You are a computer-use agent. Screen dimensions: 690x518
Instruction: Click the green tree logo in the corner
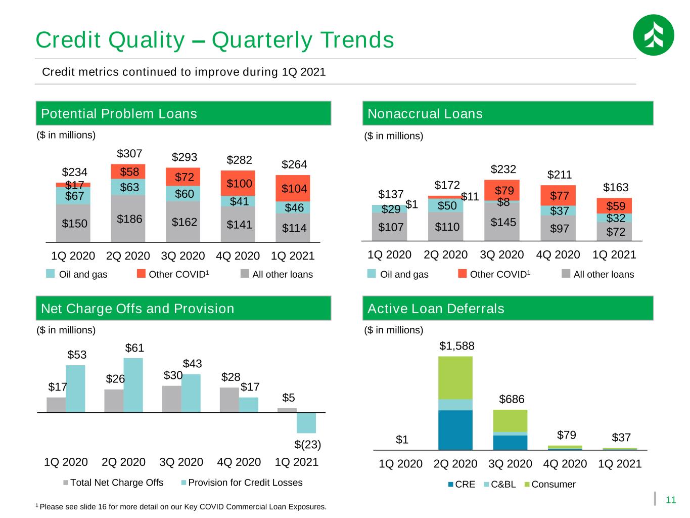(x=653, y=35)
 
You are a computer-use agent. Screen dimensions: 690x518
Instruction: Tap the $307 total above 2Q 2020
(x=129, y=153)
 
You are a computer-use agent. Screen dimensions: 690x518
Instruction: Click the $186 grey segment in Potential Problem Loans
(x=128, y=218)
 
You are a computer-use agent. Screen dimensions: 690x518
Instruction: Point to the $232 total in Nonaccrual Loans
(x=503, y=169)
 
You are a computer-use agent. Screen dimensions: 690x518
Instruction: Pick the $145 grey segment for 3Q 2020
(x=501, y=222)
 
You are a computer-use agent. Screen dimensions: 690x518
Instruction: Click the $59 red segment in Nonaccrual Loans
(x=614, y=206)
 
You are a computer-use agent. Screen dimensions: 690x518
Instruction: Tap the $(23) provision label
(x=307, y=444)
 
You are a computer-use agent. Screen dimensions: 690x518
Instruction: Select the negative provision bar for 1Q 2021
(x=306, y=423)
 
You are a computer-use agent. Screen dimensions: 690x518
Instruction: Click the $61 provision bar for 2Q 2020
(x=133, y=385)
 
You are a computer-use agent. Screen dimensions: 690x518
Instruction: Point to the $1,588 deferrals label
(x=456, y=346)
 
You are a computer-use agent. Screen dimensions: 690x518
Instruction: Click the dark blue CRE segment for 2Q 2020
(x=455, y=429)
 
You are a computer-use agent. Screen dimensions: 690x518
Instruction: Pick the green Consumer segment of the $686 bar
(x=510, y=420)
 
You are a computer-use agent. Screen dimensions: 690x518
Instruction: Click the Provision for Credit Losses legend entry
(x=242, y=482)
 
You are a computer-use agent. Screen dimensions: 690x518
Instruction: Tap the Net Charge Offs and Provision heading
(x=137, y=308)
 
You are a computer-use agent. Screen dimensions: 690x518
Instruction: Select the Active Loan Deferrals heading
(x=435, y=308)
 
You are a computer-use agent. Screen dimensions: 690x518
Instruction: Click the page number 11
(x=670, y=499)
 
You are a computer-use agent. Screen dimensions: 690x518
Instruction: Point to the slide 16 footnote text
(x=181, y=507)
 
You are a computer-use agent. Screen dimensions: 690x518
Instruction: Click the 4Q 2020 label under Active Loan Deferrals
(x=565, y=463)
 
